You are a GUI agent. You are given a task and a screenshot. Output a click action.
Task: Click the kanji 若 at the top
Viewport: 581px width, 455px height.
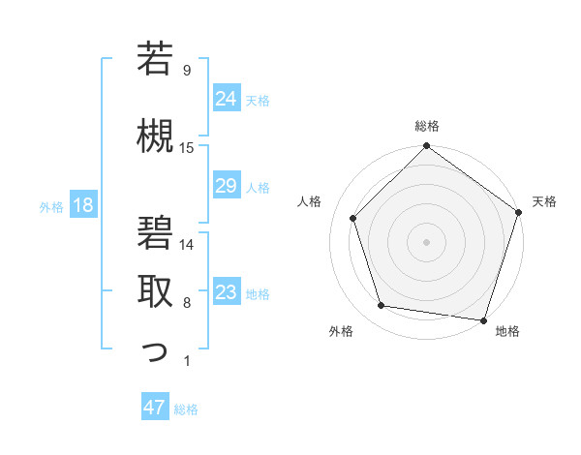coord(156,60)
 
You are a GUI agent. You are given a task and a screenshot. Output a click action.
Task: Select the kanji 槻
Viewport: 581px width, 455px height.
coord(156,135)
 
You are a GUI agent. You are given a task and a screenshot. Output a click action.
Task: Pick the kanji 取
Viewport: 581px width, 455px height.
coord(156,290)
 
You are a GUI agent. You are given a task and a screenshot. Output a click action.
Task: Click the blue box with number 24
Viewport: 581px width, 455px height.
coord(227,99)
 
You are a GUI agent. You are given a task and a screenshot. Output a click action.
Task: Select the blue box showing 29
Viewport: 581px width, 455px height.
coord(227,186)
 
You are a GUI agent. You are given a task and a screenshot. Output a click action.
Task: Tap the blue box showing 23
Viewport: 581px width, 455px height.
coord(227,292)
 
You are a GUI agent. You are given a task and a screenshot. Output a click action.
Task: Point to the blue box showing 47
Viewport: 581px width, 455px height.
coord(155,408)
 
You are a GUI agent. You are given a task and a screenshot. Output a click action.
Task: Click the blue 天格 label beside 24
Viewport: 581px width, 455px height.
coord(258,100)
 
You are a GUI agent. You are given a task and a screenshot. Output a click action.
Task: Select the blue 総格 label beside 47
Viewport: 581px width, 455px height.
coord(186,409)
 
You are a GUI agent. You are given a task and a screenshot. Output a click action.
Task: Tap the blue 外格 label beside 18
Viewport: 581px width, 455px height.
coord(50,206)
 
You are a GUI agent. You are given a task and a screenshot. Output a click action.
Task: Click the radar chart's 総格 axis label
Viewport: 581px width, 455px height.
coord(427,126)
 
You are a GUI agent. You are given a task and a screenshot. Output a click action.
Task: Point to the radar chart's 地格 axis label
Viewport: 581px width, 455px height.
coord(507,331)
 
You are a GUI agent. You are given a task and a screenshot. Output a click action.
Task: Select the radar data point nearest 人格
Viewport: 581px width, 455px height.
coord(352,218)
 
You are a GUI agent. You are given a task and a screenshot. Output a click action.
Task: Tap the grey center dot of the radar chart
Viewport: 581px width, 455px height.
coord(426,241)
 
